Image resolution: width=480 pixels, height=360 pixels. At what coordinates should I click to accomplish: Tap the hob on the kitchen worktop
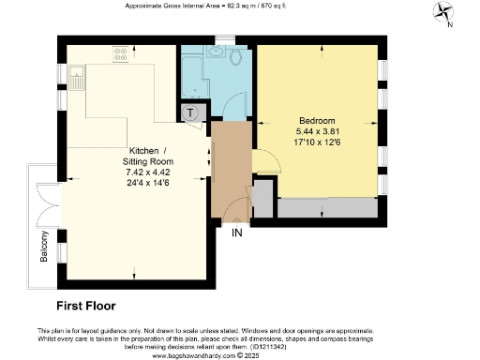tap(121, 56)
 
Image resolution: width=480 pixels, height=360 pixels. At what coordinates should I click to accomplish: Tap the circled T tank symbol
tap(190, 113)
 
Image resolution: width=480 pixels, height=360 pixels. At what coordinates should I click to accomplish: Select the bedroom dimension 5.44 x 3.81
tap(318, 132)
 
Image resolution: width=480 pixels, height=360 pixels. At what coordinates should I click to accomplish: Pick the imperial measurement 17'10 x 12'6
tap(318, 142)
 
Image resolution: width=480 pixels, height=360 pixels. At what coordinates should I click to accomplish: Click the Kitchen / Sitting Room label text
tap(149, 157)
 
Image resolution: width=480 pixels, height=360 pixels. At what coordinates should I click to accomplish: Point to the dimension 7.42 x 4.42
tap(149, 172)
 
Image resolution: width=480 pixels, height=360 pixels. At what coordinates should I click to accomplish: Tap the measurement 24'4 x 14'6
tap(149, 182)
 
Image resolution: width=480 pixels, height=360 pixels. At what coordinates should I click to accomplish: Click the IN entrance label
tap(238, 232)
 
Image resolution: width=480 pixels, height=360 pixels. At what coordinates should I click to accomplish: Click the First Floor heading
tap(85, 306)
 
